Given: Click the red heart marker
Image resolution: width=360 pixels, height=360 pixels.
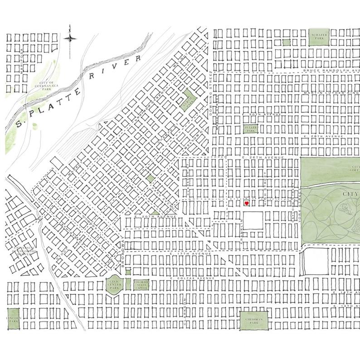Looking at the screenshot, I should click(246, 204).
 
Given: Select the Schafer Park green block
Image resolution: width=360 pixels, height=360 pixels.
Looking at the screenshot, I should click(318, 37).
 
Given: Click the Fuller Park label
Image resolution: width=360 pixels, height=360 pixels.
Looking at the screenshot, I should click(250, 129).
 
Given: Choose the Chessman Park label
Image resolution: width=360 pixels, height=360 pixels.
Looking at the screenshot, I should click(254, 321).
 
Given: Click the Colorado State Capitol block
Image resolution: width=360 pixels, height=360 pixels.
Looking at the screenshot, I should click(141, 285).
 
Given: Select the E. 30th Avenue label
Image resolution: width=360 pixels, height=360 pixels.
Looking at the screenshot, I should click(262, 115).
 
